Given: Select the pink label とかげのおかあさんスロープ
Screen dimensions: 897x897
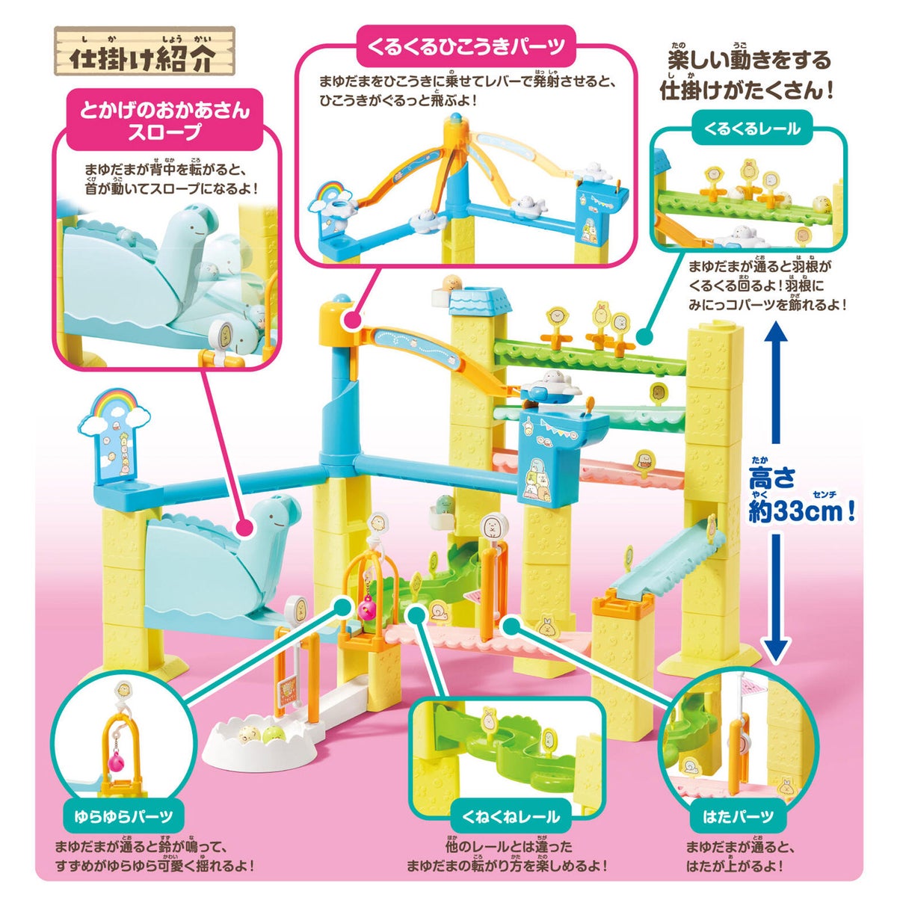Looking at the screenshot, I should point(165,120).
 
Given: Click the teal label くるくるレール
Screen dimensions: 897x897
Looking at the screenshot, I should point(751,129).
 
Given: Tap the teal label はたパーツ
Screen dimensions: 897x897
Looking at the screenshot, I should point(739,816).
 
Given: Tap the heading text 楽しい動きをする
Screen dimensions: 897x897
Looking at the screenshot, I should point(748,61).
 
